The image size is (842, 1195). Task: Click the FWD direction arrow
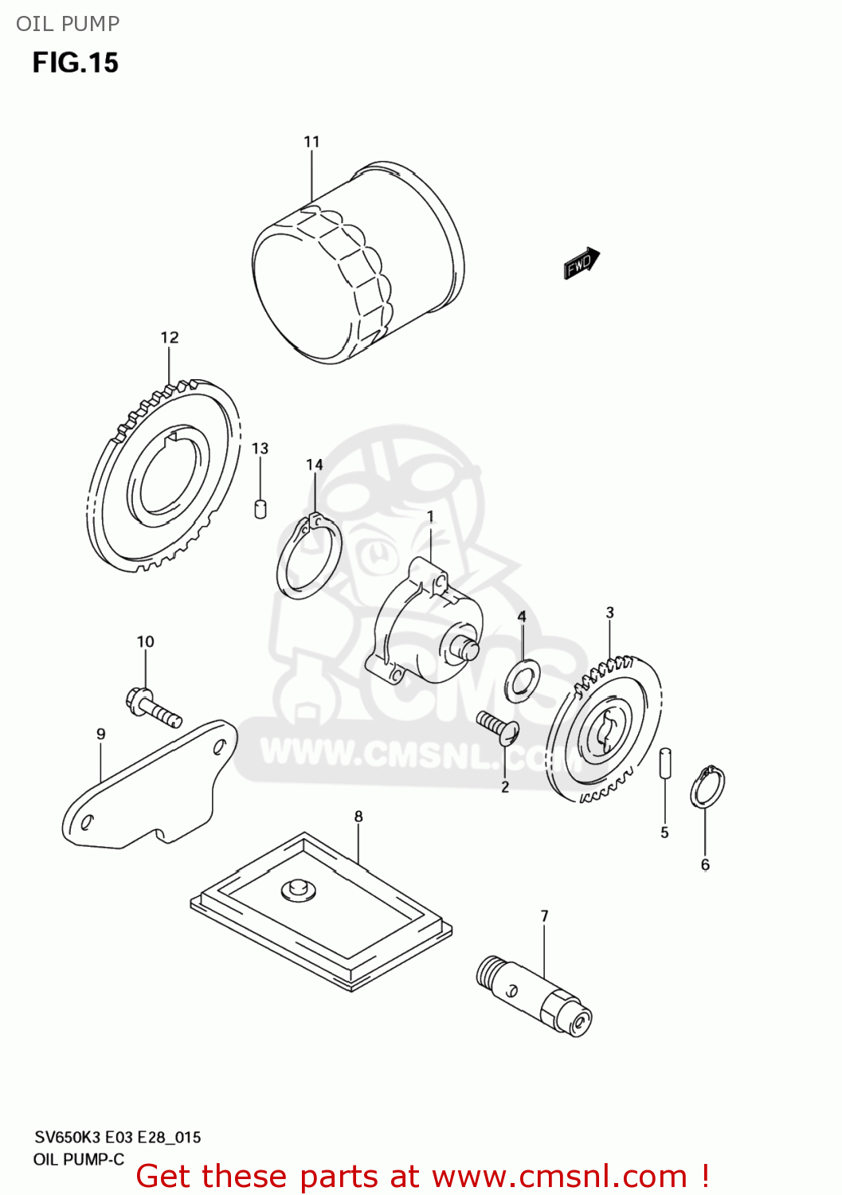tap(582, 263)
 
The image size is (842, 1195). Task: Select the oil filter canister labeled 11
tap(358, 263)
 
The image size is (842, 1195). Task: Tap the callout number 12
tap(170, 338)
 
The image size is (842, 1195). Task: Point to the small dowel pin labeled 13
tap(260, 508)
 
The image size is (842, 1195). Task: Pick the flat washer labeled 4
tap(523, 681)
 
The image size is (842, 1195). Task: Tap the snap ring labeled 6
tap(707, 788)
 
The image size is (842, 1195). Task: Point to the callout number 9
tap(101, 734)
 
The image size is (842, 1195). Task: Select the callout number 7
tap(545, 916)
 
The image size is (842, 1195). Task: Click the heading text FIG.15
tap(75, 62)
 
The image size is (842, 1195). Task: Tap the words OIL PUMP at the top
tap(68, 24)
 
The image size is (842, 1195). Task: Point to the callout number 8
tap(358, 817)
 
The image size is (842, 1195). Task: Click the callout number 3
tap(610, 613)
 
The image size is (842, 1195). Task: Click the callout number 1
tap(431, 517)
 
